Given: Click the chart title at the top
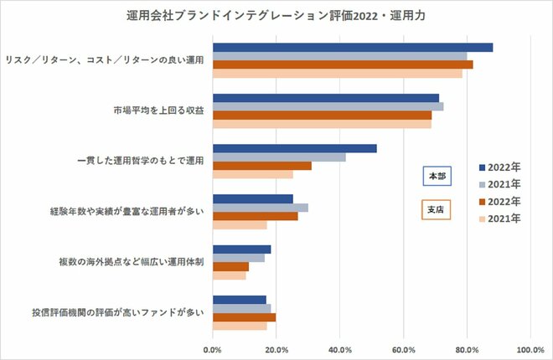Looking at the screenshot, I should (276, 14).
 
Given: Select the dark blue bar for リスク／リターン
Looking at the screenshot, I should (352, 47).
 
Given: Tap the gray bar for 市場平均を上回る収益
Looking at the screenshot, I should (328, 106).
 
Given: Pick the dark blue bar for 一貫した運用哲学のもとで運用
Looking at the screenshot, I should (294, 148).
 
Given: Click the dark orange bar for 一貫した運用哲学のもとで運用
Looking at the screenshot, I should (261, 166).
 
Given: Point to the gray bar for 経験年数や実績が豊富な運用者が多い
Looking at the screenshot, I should (260, 208).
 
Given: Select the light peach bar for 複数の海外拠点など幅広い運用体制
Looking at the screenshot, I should (229, 275).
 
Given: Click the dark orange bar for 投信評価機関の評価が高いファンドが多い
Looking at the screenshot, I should (244, 317).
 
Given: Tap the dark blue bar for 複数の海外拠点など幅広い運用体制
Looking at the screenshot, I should (241, 249).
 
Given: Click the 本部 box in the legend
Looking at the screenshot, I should (437, 177).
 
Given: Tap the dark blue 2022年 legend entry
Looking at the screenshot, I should (500, 166).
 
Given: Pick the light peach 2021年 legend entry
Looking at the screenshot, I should (500, 219).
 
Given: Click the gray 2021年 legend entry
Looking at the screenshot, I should (500, 183).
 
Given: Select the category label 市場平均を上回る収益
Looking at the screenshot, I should (158, 111).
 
